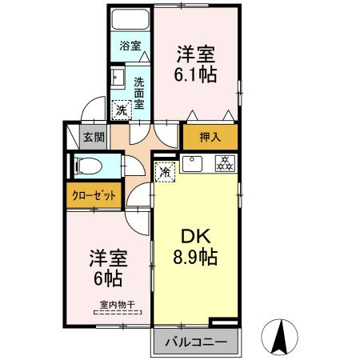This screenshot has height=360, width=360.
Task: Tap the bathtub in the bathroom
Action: [x=130, y=19]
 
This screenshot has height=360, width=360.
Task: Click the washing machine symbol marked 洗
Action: [x=120, y=108]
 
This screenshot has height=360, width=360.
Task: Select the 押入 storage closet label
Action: [x=210, y=138]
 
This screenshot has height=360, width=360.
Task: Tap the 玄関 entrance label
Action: [x=94, y=137]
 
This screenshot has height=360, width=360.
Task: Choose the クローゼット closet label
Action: [x=92, y=195]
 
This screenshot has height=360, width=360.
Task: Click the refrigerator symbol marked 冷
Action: [x=165, y=171]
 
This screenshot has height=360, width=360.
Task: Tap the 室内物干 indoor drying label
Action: [x=117, y=303]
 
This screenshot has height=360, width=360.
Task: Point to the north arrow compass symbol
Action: [x=282, y=336]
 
